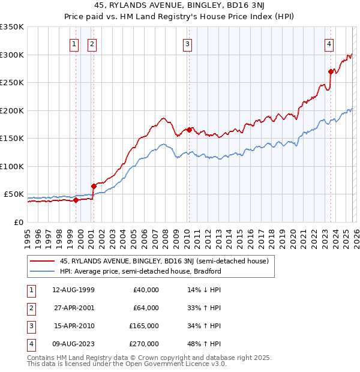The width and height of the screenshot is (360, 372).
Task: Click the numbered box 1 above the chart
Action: (x=74, y=43)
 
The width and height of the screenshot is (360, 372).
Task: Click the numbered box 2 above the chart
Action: (x=92, y=43)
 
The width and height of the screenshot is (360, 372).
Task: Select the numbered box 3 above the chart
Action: (x=187, y=43)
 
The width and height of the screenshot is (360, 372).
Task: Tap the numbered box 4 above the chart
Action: (x=329, y=43)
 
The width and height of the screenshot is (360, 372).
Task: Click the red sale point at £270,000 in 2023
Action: (x=331, y=71)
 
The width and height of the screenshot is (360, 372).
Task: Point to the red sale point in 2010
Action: (x=189, y=130)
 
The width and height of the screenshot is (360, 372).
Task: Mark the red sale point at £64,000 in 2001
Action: (x=94, y=186)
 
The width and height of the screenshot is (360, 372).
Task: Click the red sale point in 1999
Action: (x=76, y=200)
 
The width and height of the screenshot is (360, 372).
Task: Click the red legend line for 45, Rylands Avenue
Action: (x=42, y=261)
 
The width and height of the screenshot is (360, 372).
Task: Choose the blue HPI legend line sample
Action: (x=42, y=271)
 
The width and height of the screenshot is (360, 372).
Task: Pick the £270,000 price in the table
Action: (x=145, y=344)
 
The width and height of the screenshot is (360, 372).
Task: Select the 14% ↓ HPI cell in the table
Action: (x=204, y=290)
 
